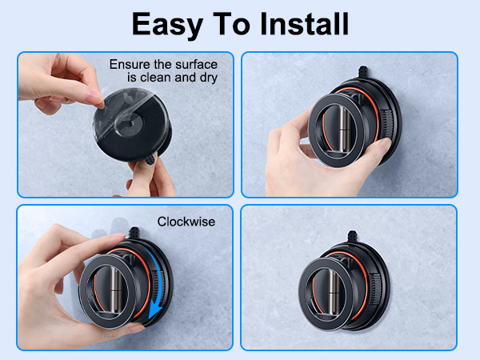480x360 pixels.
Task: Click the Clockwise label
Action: click(x=186, y=222)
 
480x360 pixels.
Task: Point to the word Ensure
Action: click(x=128, y=64)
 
